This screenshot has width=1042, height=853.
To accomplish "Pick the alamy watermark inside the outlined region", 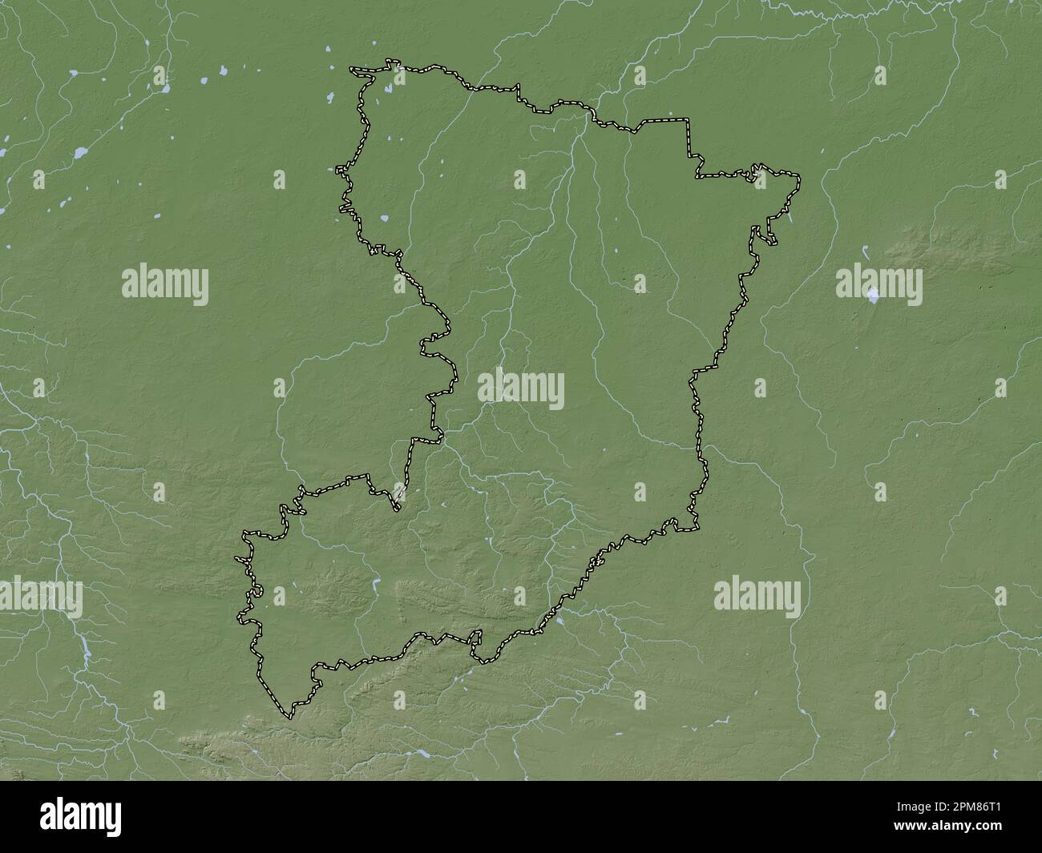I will tap(521, 390).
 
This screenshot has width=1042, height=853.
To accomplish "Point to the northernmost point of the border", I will tap(390, 60).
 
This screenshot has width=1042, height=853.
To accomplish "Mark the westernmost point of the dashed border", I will tap(236, 558).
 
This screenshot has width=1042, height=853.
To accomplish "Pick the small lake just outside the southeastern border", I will tap(559, 620).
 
